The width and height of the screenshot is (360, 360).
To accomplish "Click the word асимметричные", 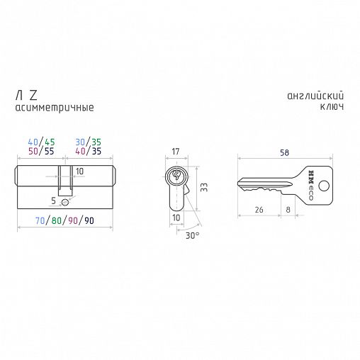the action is tap(55, 108).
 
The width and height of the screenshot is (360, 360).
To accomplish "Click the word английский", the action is tap(315, 96).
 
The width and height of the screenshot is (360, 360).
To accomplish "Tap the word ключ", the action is tap(332, 106).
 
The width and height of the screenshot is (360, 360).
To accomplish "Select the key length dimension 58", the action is tap(284, 152).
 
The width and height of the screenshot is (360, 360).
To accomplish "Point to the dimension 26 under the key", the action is tap(259, 210).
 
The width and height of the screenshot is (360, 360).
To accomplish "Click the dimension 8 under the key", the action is tap(288, 210).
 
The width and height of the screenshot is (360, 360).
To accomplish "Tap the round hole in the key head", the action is tap(324, 186).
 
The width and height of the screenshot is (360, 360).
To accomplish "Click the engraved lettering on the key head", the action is tap(311, 185).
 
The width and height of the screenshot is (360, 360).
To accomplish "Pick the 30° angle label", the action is tap(192, 235).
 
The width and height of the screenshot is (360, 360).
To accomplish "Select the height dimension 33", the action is tap(204, 187).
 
